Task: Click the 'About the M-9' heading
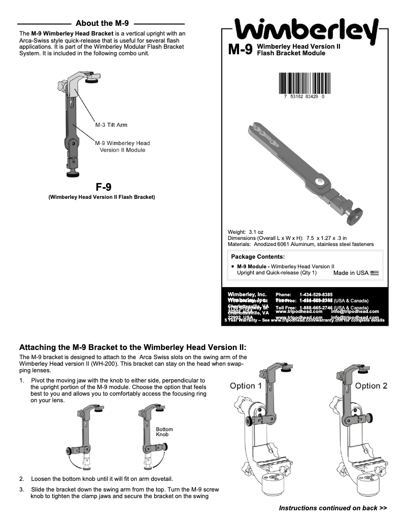(102, 23)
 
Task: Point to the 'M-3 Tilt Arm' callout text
(111, 125)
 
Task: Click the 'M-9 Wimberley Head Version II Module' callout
(122, 147)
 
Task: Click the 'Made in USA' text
(351, 273)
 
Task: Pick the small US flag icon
(375, 273)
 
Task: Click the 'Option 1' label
(246, 385)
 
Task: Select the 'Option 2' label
(371, 385)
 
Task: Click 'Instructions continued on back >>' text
(333, 508)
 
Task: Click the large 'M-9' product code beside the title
(241, 50)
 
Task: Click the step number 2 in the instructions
(21, 479)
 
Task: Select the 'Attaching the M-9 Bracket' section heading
(132, 347)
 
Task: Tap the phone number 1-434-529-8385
(316, 294)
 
